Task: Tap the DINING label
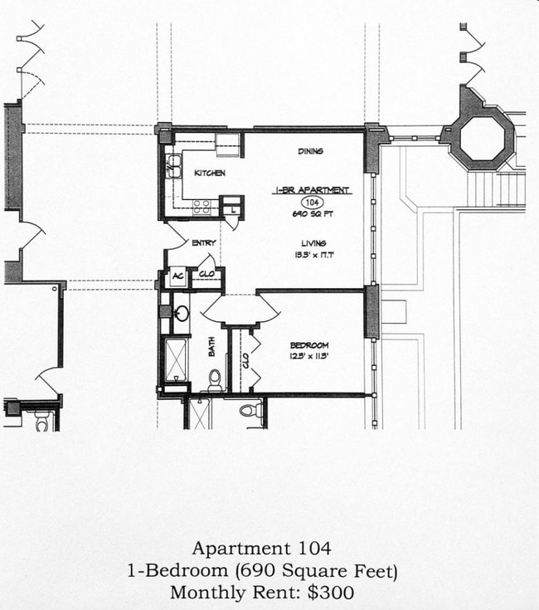(310, 151)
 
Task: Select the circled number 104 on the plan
(312, 202)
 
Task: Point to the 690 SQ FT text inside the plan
(312, 213)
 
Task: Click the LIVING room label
(313, 243)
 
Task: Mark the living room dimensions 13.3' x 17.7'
(313, 255)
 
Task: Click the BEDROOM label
(309, 344)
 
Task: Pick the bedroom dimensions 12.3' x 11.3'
(309, 356)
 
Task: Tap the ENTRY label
(203, 243)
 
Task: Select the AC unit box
(177, 278)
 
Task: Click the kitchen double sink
(173, 168)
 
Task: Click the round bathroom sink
(182, 314)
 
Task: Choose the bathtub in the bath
(176, 359)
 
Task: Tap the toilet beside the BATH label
(215, 382)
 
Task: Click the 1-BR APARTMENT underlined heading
(312, 190)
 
